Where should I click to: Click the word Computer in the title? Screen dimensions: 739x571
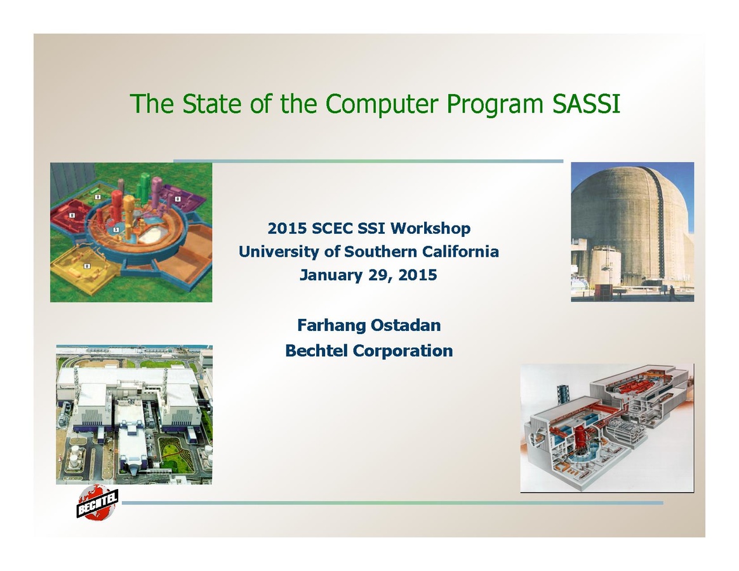(x=382, y=104)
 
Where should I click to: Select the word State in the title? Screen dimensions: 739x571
(x=211, y=104)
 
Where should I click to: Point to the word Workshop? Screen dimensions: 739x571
(x=430, y=228)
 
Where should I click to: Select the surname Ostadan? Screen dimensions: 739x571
(x=406, y=325)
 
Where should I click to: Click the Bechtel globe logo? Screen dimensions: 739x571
(x=97, y=502)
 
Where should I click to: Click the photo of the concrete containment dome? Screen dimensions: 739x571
(x=632, y=232)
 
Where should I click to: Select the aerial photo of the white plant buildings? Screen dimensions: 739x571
(x=135, y=415)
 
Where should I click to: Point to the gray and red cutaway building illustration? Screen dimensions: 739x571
(x=607, y=427)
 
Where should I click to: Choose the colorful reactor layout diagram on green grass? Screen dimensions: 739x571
(x=131, y=232)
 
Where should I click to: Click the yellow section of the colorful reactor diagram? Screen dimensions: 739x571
(x=85, y=266)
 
